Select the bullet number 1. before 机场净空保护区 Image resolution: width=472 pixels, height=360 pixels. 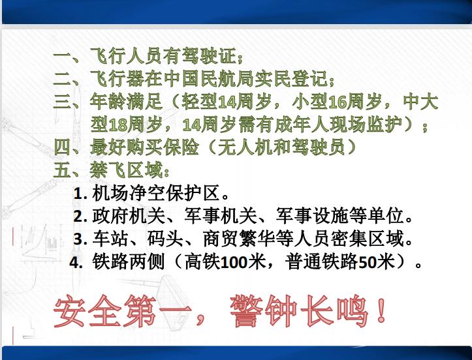tap(81, 194)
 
